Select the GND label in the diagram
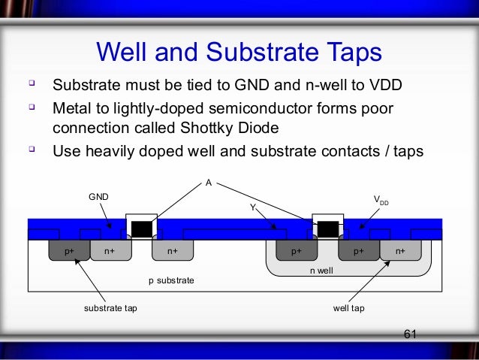[x=99, y=196]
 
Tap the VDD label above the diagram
[x=381, y=201]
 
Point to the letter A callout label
[x=208, y=181]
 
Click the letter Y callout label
[x=253, y=205]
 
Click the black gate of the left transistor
[x=142, y=228]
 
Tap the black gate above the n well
[x=327, y=228]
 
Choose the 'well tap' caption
[x=348, y=308]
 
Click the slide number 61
[x=410, y=334]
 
